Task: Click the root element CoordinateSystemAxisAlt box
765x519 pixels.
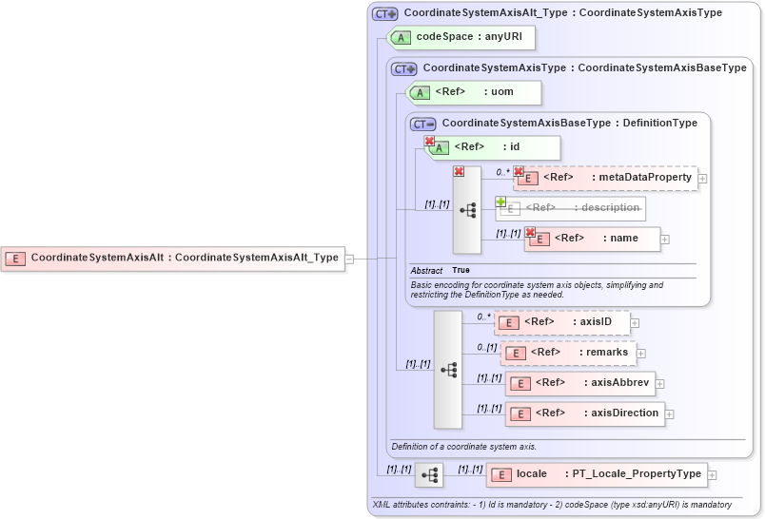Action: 173,258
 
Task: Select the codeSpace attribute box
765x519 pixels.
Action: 461,37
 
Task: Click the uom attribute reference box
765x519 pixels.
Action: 474,92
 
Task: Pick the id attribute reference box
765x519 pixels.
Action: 493,147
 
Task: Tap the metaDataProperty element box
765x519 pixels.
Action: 606,178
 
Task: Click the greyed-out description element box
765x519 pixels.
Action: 570,208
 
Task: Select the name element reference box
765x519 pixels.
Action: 592,239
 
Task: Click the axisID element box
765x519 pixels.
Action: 561,323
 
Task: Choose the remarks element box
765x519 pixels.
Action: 568,353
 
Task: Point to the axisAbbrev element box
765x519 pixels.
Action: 579,383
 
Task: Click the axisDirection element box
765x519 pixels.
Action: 584,413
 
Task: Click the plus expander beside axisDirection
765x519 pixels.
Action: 670,414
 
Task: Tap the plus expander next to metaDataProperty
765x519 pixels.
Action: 702,178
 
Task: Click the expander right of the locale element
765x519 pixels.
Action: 712,474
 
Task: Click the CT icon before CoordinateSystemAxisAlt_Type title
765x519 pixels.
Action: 384,13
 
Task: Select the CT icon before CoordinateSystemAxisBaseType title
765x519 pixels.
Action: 422,124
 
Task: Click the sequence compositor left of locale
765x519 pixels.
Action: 429,474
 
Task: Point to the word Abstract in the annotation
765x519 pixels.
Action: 426,271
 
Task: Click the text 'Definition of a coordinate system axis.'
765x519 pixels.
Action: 463,447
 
